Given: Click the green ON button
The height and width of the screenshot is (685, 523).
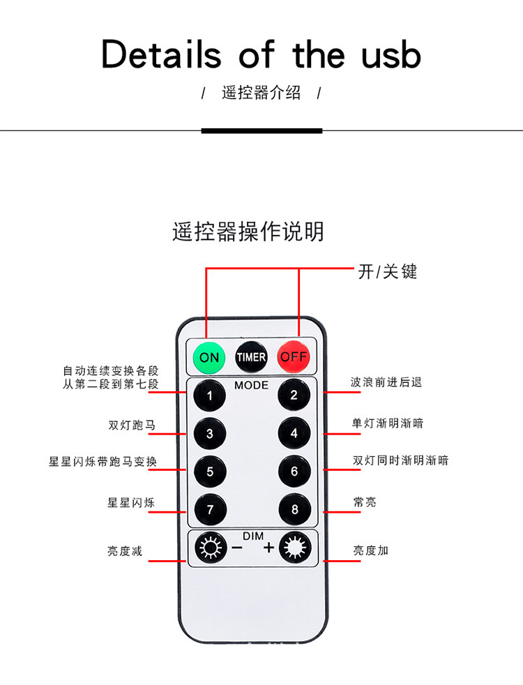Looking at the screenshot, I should [x=209, y=357].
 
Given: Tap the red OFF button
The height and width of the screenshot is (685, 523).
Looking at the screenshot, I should [x=294, y=357].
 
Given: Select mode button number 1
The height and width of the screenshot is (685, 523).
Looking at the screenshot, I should [x=209, y=396].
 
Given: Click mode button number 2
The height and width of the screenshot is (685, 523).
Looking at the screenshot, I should [x=294, y=396].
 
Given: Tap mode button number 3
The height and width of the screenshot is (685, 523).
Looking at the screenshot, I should [x=209, y=434].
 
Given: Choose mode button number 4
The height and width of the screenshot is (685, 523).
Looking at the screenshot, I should [x=294, y=434].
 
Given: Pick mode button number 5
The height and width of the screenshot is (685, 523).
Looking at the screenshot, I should [x=209, y=472].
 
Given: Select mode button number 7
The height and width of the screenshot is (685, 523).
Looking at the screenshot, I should [x=209, y=509].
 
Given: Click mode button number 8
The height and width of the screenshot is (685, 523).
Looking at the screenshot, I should [x=294, y=509].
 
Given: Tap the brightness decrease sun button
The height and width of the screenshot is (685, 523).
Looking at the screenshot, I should [x=209, y=548].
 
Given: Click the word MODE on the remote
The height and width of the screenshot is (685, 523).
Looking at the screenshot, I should [x=251, y=385].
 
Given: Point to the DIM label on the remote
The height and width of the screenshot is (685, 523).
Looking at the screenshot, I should [x=252, y=536].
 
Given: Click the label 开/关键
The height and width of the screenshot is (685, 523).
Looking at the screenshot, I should [x=387, y=271].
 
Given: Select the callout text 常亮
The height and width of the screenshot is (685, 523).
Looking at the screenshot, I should [x=365, y=502].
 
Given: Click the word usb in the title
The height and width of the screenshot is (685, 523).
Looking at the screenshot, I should [x=391, y=54].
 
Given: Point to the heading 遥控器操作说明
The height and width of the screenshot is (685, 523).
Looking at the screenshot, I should [x=248, y=231].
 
